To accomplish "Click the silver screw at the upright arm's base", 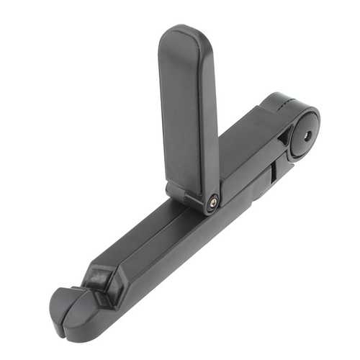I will pos(213,203).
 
